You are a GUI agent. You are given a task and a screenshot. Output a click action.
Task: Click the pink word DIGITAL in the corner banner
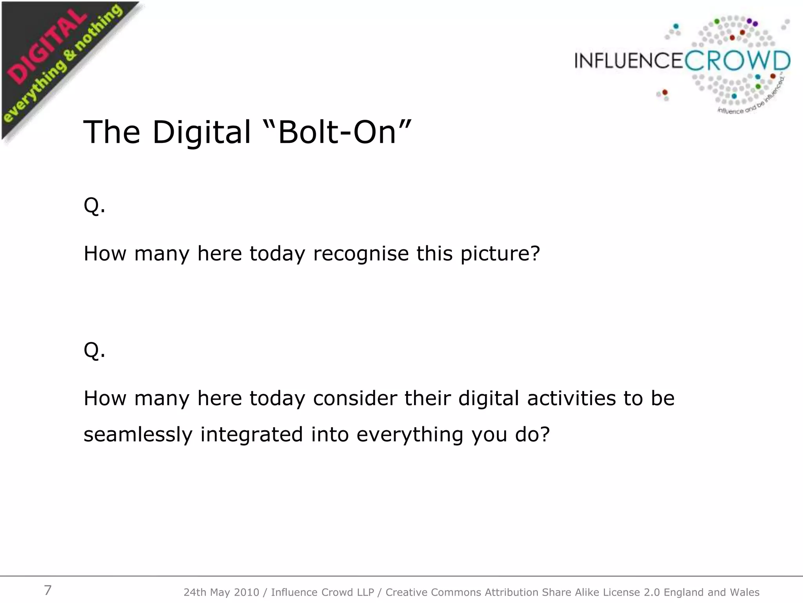click(47, 49)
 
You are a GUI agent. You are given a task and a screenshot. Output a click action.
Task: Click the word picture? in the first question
click(500, 254)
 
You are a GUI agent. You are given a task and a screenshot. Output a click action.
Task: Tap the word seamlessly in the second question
click(138, 434)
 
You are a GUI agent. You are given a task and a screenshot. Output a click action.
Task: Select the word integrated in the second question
click(252, 435)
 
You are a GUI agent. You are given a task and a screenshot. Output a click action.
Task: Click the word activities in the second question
click(572, 398)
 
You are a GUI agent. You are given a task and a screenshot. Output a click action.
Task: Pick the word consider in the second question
click(355, 398)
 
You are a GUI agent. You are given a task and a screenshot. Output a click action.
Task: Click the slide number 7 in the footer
click(47, 590)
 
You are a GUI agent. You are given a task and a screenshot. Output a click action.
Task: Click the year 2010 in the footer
click(247, 592)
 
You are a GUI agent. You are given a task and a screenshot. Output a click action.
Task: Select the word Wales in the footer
click(745, 592)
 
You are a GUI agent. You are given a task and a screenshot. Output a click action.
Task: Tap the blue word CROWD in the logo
click(737, 61)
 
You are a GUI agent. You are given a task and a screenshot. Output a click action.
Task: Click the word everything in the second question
click(410, 435)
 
